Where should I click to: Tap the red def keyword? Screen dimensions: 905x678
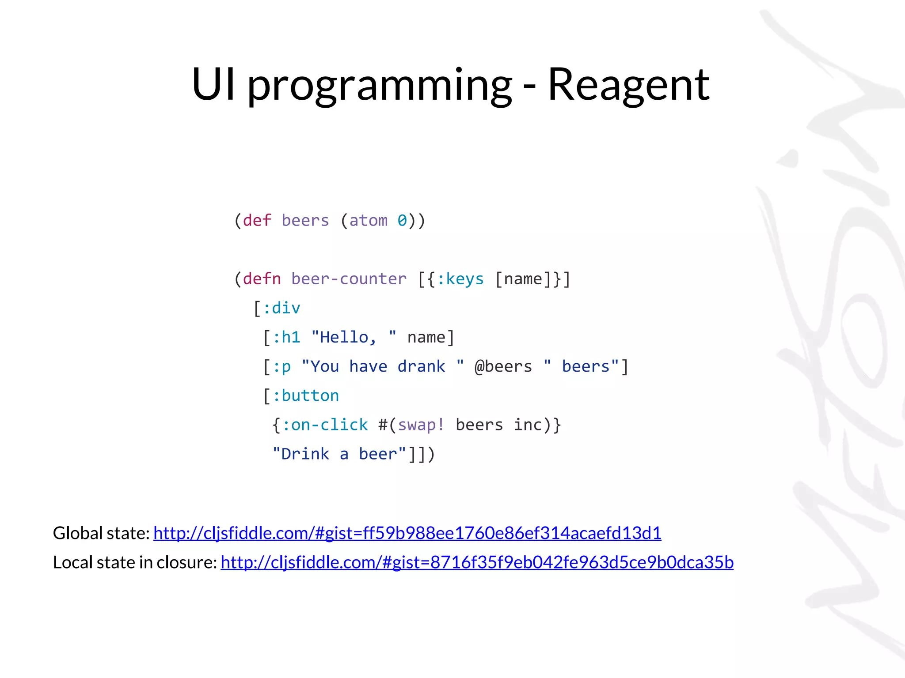tap(257, 220)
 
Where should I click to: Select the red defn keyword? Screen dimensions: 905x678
tap(262, 279)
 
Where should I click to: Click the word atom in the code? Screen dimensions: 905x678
tap(368, 220)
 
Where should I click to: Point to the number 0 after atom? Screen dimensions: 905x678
tap(402, 220)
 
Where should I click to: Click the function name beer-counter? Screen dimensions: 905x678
tap(349, 279)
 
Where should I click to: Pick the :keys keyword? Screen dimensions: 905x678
tap(460, 279)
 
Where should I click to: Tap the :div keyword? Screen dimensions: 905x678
tap(281, 308)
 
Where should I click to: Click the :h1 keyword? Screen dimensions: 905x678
tap(286, 337)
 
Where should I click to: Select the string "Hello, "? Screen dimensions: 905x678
tap(354, 337)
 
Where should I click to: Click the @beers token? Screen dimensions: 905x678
tap(503, 366)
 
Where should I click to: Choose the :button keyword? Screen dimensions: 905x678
tap(305, 395)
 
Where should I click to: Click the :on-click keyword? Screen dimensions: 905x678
tap(325, 425)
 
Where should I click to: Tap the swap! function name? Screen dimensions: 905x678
tap(421, 425)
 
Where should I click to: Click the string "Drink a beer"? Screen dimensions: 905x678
tap(339, 454)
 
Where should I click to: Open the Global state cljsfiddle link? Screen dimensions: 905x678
tap(407, 533)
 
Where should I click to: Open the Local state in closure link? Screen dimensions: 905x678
tap(477, 562)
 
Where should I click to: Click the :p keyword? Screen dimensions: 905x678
tap(281, 366)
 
